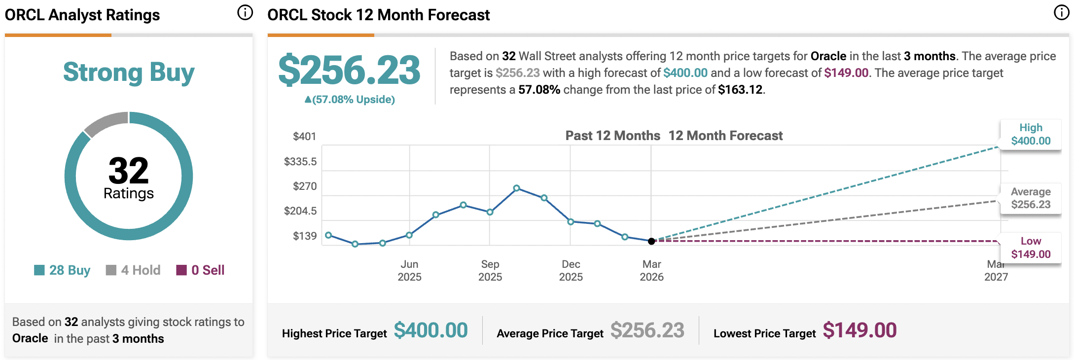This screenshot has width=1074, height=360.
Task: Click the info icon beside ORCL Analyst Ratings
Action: coord(245,12)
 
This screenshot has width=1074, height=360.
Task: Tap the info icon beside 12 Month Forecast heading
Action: coord(1061,12)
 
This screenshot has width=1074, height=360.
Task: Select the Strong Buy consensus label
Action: coord(129,72)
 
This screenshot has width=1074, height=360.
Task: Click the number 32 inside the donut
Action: coord(128,171)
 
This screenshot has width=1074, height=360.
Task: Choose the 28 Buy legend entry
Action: coord(63,270)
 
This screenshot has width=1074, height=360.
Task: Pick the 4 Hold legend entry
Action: coord(134,270)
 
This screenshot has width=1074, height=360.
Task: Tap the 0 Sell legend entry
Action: coord(201,270)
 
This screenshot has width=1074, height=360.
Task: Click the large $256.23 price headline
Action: coord(349,71)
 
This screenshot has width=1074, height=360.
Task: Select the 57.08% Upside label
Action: coord(350,100)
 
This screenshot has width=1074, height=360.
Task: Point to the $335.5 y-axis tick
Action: coord(300,162)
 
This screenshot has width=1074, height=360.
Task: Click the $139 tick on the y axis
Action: coord(305,236)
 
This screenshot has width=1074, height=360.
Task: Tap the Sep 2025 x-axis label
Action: coord(490,270)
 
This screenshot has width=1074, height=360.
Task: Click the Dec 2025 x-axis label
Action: coord(571,270)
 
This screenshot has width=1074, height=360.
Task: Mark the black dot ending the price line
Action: coord(651,241)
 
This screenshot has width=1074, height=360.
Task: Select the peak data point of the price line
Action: coord(516,188)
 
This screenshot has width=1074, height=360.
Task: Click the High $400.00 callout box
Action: coord(1031,135)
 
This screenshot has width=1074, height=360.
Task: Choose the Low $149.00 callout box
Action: coord(1031,248)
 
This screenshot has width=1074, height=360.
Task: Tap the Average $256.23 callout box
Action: coord(1031,198)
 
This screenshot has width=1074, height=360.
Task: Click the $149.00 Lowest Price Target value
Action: coord(859,330)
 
